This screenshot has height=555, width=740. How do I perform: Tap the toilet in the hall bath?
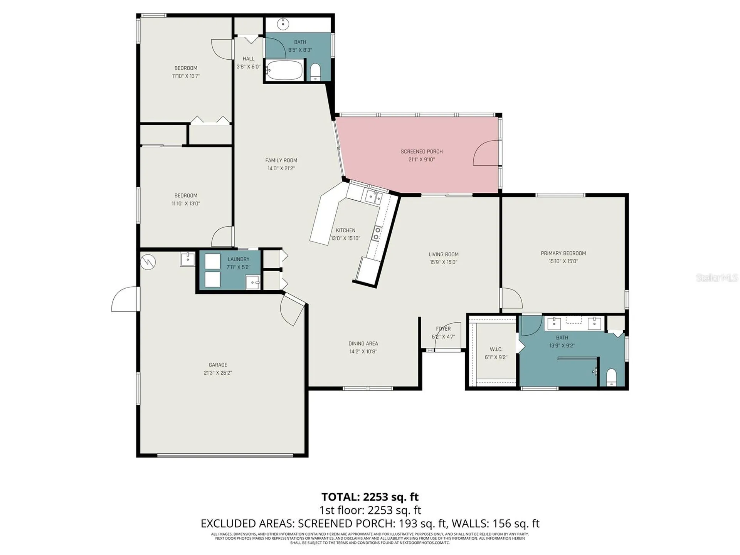[315, 72]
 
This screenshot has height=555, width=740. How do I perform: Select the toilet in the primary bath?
[612, 377]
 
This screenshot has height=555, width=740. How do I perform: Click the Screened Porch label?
[421, 151]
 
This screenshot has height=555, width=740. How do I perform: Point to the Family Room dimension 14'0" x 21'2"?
[281, 168]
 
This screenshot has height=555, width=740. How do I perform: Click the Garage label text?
[218, 365]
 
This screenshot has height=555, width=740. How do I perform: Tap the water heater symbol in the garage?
[148, 262]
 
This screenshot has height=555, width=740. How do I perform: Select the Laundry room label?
[238, 259]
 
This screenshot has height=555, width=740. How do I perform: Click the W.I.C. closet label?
[496, 349]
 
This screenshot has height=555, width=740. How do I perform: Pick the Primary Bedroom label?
[563, 253]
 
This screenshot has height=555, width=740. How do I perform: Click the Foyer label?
[443, 329]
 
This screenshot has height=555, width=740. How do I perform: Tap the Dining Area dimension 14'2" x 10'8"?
[363, 351]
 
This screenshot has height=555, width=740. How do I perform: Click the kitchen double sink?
[373, 197]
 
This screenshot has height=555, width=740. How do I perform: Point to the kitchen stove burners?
[376, 234]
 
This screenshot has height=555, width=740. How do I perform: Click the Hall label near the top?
[248, 59]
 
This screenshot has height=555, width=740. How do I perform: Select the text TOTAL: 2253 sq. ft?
[370, 496]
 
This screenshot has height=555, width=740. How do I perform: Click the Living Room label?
[443, 254]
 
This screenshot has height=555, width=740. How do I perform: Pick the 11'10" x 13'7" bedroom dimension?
[186, 76]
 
